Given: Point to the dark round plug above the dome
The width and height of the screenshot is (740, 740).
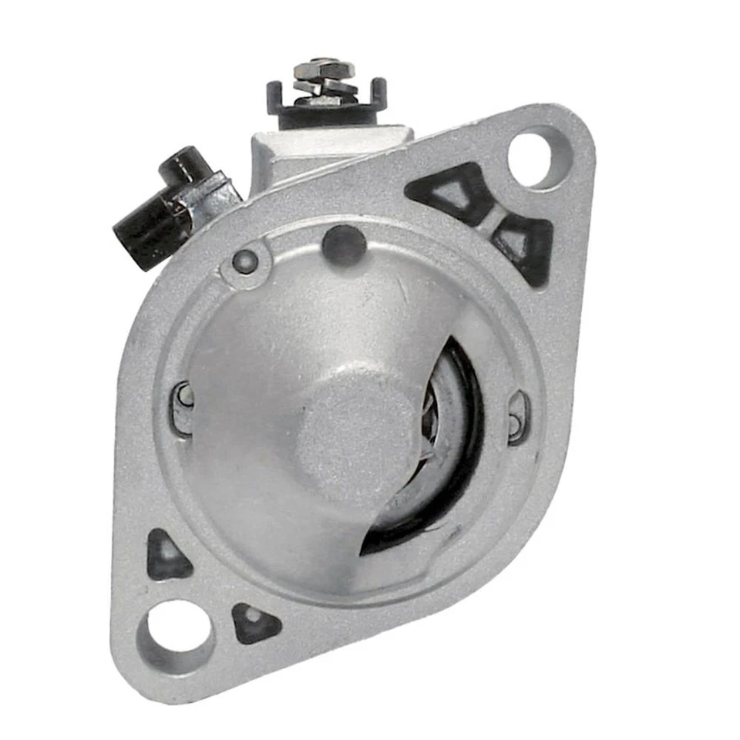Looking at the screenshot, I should [x=344, y=246].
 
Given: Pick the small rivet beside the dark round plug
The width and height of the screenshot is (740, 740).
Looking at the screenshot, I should [x=245, y=262].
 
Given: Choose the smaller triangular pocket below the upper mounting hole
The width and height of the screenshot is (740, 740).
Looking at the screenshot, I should [x=528, y=243].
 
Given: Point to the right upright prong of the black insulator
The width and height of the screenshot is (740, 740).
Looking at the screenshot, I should [x=378, y=91].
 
